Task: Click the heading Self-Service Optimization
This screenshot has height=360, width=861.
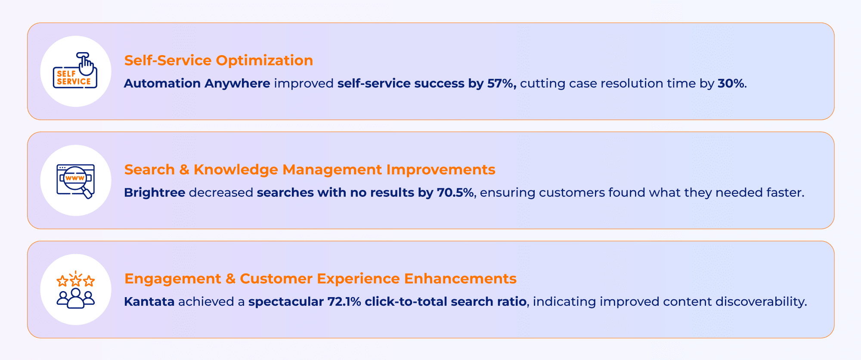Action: [x=218, y=61]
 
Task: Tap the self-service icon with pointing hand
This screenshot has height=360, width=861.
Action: [x=75, y=71]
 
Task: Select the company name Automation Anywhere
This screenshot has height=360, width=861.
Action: [x=197, y=84]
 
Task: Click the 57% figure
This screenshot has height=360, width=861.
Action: [x=501, y=84]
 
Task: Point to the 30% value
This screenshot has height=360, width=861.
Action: [x=731, y=84]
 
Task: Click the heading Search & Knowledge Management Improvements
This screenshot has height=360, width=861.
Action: [x=310, y=170]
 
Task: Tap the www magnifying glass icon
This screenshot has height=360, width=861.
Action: [x=75, y=180]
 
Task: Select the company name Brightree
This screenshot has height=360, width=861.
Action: [x=155, y=192]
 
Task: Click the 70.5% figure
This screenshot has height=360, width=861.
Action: [x=455, y=192]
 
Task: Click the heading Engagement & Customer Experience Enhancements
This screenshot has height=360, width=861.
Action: [x=320, y=279]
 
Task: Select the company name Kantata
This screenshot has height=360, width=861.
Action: [x=149, y=301]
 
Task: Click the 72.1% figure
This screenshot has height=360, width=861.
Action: [x=344, y=301]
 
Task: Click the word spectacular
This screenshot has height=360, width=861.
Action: [x=286, y=301]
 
